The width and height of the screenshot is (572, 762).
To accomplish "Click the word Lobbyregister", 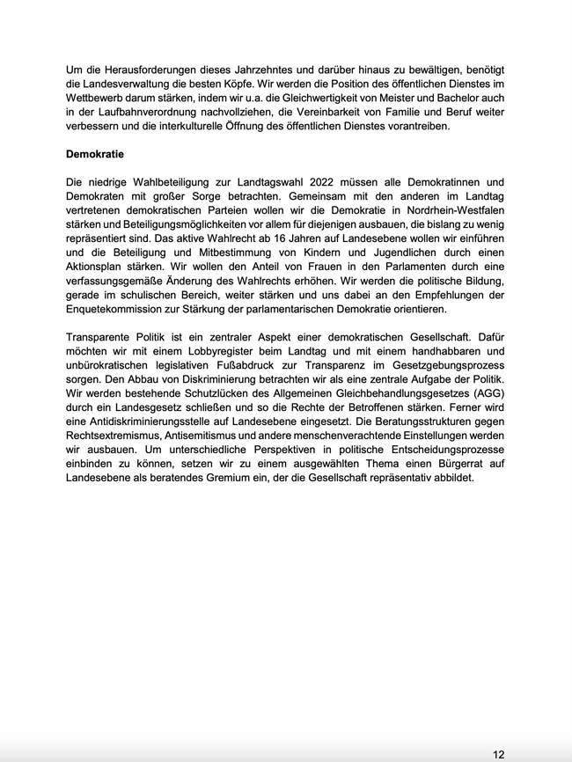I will click(x=189, y=351).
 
